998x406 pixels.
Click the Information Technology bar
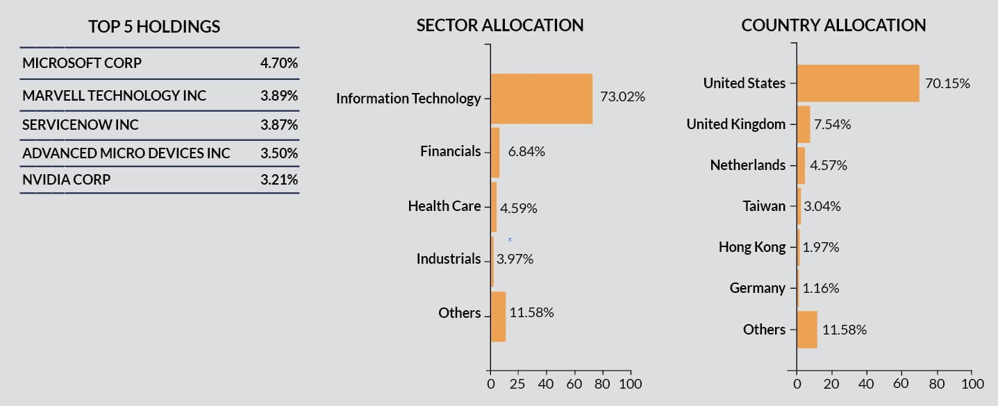541,99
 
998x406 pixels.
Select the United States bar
858,83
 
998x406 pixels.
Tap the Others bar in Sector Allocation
498,316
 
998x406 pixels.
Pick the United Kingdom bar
804,124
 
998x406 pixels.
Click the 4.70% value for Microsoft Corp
279,63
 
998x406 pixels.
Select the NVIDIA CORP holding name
66,180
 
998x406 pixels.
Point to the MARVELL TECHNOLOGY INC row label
114,96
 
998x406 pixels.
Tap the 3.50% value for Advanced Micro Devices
279,153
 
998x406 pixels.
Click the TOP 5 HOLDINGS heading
154,27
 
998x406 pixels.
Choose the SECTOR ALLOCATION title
499,26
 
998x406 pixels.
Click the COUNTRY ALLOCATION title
833,26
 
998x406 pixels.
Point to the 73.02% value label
622,97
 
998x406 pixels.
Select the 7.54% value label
833,124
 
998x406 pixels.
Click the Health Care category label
444,206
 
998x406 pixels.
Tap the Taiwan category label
764,206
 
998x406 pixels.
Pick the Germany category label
758,288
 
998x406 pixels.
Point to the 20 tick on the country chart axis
831,383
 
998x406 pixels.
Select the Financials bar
495,153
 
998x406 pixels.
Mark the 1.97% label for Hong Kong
821,247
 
